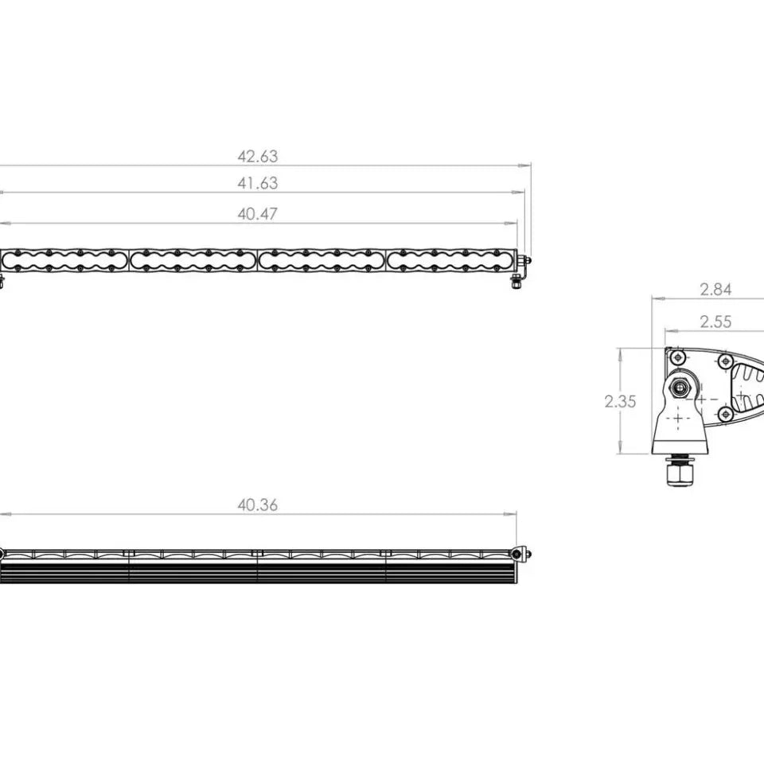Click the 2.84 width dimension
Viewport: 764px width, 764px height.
click(715, 290)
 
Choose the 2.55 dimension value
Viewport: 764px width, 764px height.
click(715, 322)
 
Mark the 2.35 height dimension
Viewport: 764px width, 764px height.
click(620, 402)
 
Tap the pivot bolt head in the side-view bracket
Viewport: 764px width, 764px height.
click(681, 388)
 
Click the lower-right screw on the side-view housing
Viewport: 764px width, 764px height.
click(724, 413)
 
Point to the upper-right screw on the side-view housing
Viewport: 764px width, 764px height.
click(724, 361)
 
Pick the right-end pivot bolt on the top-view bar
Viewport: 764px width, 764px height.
click(519, 553)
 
